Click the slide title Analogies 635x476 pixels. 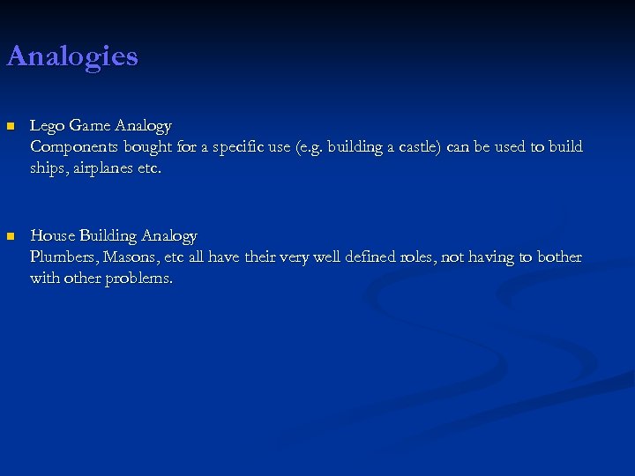coord(72,56)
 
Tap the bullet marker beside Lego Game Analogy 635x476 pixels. coord(11,126)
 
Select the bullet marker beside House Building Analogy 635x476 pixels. coord(11,236)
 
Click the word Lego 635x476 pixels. coord(46,126)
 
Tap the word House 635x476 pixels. coord(53,236)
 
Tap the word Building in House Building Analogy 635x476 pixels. coord(108,236)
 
